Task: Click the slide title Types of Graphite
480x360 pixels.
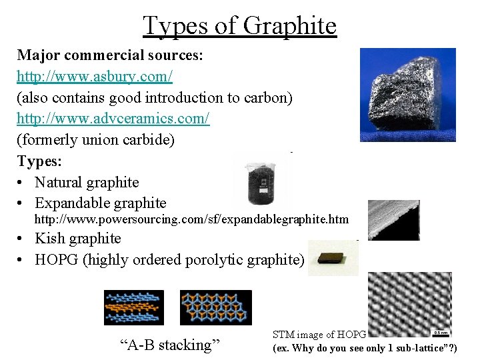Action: (x=239, y=26)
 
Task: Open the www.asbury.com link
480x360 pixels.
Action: (x=95, y=77)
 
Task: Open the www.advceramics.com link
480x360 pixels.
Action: (x=113, y=119)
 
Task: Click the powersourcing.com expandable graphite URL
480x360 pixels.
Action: (x=191, y=219)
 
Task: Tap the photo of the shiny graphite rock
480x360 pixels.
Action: (x=407, y=95)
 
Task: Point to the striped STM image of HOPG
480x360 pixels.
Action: (x=409, y=304)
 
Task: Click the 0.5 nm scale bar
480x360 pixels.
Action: (x=441, y=331)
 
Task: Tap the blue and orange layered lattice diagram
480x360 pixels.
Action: (x=133, y=307)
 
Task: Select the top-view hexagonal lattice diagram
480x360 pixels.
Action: (x=215, y=307)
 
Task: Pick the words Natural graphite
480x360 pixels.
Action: (x=87, y=182)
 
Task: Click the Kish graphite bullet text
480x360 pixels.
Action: (x=78, y=239)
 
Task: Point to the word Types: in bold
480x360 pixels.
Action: (x=39, y=161)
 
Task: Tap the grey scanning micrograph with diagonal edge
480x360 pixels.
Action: (x=393, y=220)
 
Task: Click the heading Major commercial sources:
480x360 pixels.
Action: (x=110, y=55)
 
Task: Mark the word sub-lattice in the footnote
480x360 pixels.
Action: (x=418, y=349)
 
